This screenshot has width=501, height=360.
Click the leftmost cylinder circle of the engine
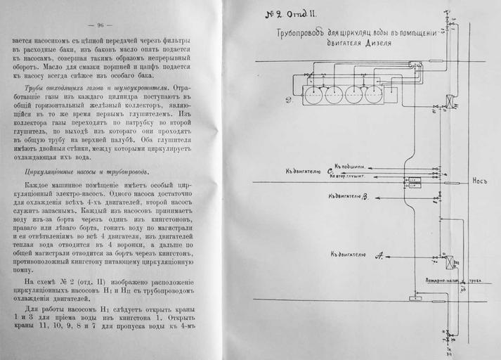[313, 93]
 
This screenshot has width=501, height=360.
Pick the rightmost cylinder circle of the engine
[374, 93]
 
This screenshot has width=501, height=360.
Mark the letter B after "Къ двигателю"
[365, 195]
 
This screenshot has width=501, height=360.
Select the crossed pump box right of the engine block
[449, 101]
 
